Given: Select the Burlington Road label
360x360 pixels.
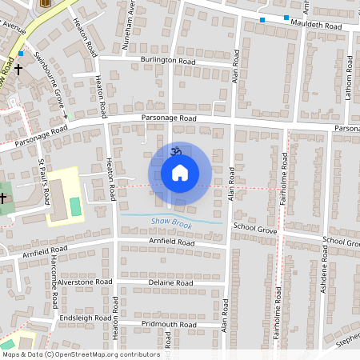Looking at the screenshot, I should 170,60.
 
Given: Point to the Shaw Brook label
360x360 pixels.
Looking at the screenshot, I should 167,220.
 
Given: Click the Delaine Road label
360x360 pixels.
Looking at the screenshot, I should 170,283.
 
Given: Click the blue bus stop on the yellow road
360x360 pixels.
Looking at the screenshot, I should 22,54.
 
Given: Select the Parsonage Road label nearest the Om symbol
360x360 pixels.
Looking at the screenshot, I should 168,118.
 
